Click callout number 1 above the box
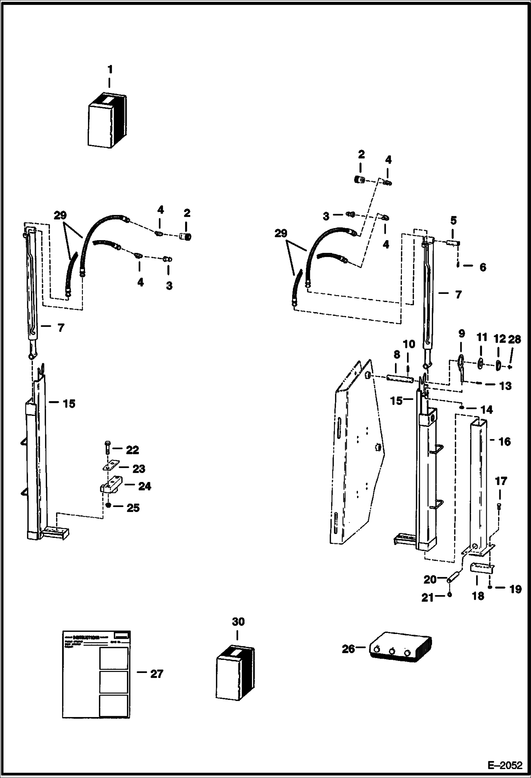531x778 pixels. [x=110, y=69]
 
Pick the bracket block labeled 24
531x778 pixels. [x=111, y=486]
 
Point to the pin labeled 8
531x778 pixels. [x=400, y=379]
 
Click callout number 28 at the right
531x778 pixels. [x=514, y=339]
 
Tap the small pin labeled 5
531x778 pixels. [x=453, y=243]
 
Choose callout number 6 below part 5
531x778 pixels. [x=482, y=267]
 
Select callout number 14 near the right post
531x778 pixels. [x=487, y=410]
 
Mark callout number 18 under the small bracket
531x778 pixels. [x=478, y=596]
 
